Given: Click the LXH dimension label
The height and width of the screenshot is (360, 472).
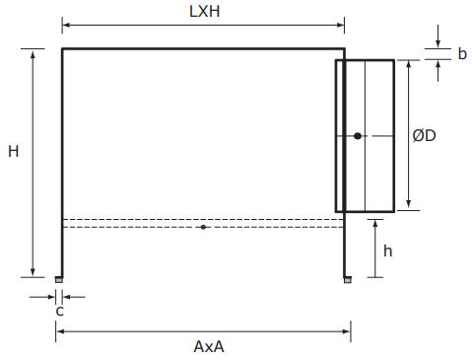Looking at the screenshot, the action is pyautogui.click(x=204, y=12).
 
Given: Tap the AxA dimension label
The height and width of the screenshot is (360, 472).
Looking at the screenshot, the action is pyautogui.click(x=209, y=346).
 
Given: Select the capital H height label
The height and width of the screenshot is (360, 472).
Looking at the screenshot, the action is pyautogui.click(x=14, y=152).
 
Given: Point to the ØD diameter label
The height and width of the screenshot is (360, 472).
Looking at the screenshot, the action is pyautogui.click(x=424, y=135).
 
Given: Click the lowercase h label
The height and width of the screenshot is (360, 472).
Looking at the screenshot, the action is pyautogui.click(x=388, y=251).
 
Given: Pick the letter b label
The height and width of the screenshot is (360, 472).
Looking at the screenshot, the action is pyautogui.click(x=462, y=53).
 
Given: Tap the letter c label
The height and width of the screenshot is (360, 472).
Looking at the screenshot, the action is pyautogui.click(x=59, y=311).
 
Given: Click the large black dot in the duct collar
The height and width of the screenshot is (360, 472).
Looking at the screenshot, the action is pyautogui.click(x=358, y=136).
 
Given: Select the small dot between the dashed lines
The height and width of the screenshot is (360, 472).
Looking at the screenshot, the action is pyautogui.click(x=203, y=227).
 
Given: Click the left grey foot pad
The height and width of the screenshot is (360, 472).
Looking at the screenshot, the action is pyautogui.click(x=59, y=280).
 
